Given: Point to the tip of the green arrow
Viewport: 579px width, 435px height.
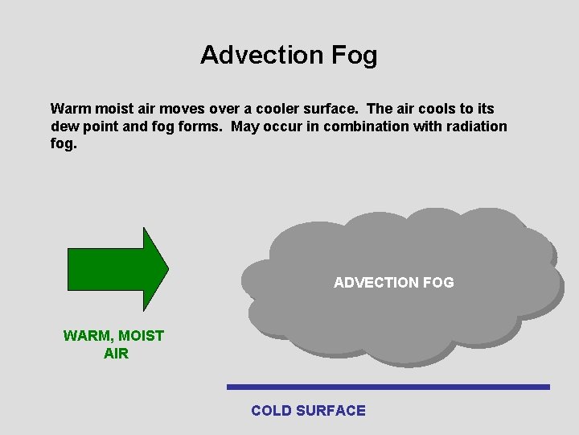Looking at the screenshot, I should [x=166, y=269].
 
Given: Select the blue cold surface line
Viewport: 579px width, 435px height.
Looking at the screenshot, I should [x=388, y=387].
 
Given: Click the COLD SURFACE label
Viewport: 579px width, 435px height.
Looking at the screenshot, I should [x=308, y=411].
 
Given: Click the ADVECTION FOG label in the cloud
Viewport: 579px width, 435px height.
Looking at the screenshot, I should [x=393, y=283].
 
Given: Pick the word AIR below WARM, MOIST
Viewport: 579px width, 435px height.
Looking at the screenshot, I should [x=116, y=354].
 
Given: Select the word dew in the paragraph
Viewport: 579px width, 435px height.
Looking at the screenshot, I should [x=63, y=126].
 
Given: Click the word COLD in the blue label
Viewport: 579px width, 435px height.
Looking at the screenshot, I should [x=271, y=411].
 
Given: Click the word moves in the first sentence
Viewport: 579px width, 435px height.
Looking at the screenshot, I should [x=179, y=109].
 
